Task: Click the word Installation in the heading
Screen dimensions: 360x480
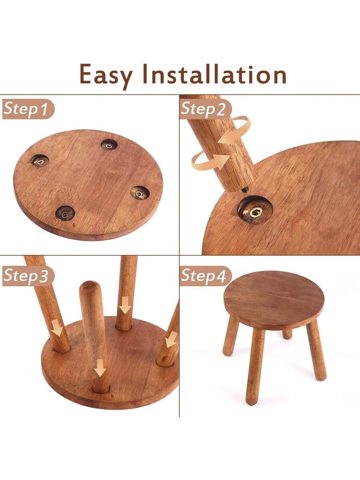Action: [x=214, y=74]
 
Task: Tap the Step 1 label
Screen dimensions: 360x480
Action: [x=28, y=109]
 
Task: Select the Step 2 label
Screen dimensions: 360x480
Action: [x=206, y=109]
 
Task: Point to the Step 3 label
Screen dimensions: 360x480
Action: [x=28, y=276]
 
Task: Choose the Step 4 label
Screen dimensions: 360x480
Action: [x=206, y=276]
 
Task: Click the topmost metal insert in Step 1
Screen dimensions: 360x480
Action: [x=109, y=144]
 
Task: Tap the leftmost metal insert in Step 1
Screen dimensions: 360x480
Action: [x=40, y=161]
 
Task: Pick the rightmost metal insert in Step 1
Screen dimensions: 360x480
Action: [x=140, y=193]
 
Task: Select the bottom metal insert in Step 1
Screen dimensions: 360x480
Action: [x=65, y=213]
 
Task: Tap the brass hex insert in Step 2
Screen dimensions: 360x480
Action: [x=256, y=212]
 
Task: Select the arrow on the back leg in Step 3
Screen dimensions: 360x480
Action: [x=125, y=305]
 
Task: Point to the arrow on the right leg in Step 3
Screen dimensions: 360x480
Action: [x=171, y=339]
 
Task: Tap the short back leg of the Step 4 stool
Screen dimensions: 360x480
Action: [x=287, y=334]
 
